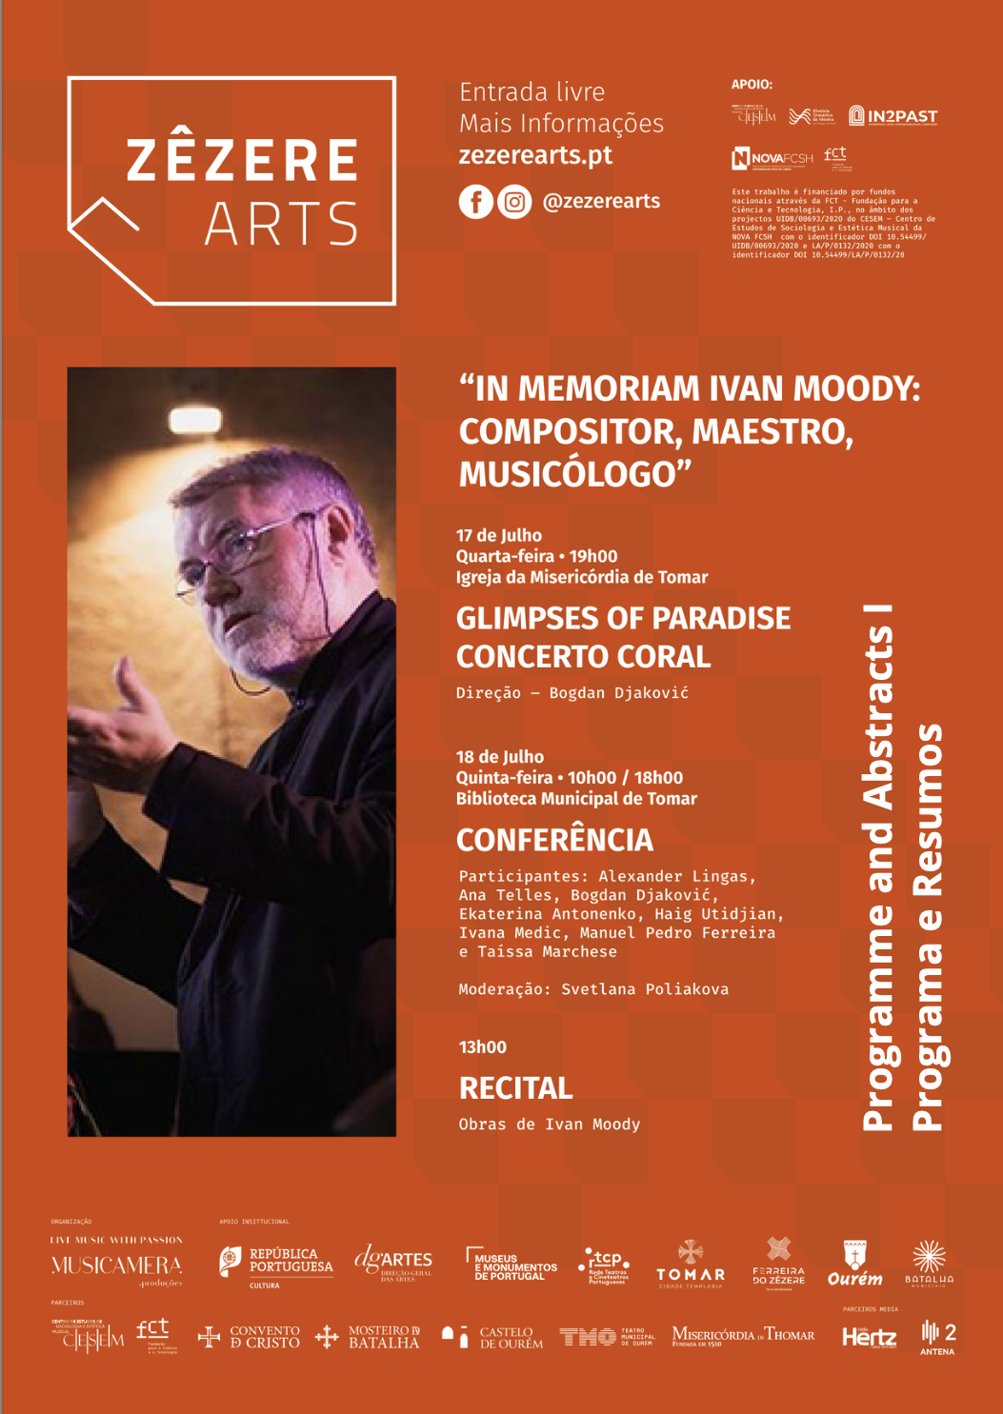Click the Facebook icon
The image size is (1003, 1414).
[475, 202]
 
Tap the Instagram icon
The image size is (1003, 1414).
[514, 202]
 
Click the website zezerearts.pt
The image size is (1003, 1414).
[535, 155]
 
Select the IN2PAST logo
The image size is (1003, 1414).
[893, 116]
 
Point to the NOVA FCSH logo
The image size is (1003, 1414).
[772, 158]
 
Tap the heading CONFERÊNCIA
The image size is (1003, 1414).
[554, 840]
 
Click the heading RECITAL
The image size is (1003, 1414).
[515, 1088]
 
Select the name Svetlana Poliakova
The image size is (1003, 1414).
[645, 989]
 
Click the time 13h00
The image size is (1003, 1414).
[483, 1047]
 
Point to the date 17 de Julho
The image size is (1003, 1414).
[499, 535]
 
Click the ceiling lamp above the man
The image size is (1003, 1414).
[196, 420]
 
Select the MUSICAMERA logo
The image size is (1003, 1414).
[116, 1265]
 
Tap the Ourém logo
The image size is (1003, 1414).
[854, 1265]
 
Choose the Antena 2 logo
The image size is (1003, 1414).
[938, 1337]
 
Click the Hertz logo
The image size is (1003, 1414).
[869, 1338]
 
